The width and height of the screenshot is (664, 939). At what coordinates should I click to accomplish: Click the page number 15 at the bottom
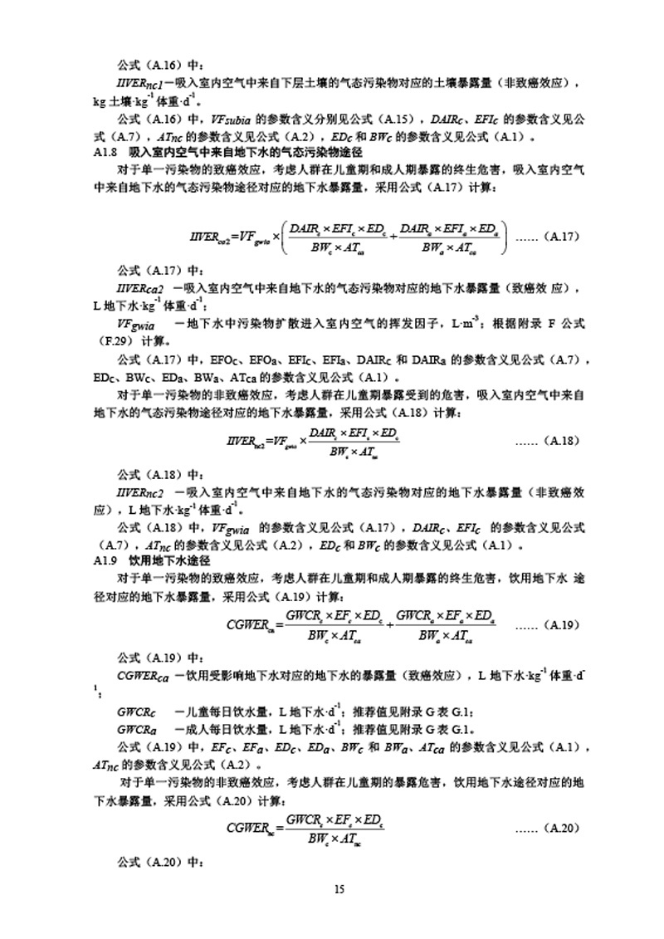tap(339, 890)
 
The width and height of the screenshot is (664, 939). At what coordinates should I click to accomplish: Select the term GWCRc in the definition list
tap(137, 712)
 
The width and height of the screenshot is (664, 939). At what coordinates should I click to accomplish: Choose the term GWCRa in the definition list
tap(137, 730)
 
